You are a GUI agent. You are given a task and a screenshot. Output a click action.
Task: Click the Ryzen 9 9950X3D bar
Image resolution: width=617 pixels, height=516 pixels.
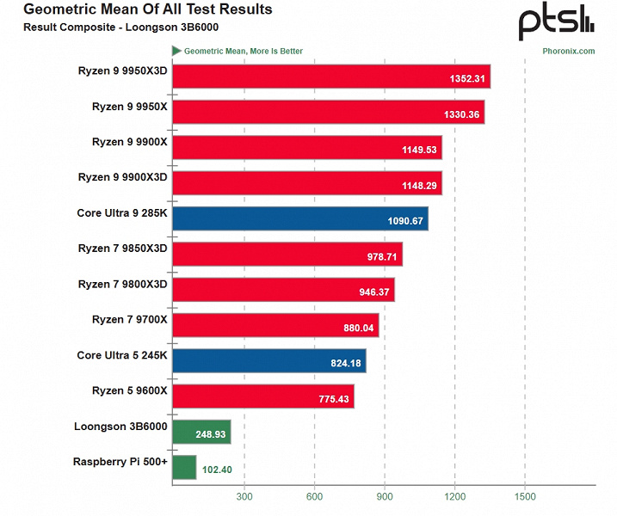pos(330,77)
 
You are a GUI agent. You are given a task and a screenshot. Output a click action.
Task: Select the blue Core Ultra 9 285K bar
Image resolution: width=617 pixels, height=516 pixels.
pos(299,218)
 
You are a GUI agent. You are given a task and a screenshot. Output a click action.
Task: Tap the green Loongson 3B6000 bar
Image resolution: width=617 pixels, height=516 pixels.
pos(201,433)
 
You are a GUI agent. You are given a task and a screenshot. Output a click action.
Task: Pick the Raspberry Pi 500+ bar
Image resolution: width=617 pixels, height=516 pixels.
pos(184,468)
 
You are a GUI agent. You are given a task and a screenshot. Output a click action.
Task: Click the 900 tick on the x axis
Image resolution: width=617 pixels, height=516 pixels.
pos(385,496)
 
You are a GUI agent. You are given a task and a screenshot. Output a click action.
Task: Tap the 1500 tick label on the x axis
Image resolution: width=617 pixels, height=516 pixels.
pos(525,496)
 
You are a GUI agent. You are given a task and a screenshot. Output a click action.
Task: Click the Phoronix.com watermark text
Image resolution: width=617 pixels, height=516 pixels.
pos(568,52)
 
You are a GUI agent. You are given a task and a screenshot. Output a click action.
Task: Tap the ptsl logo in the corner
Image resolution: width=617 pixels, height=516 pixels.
pos(555,21)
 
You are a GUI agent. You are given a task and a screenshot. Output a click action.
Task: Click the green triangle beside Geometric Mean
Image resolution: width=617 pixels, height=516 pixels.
pos(176,51)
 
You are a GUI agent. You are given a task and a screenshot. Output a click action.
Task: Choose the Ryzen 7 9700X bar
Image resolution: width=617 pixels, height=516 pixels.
pos(275,325)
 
